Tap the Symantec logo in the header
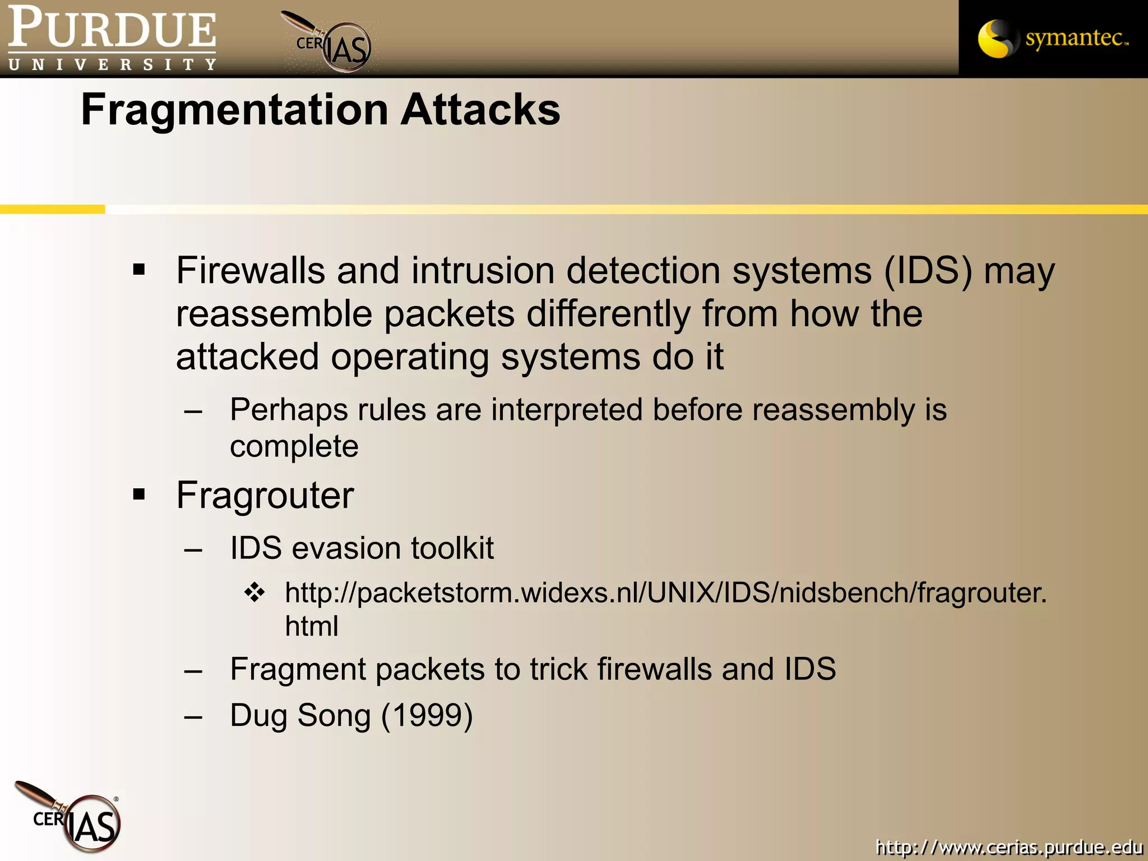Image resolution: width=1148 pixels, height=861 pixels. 1053,38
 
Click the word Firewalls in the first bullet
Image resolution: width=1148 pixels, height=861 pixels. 250,271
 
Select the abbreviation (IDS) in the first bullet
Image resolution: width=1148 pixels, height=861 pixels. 928,271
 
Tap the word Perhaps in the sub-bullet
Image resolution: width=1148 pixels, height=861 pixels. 288,410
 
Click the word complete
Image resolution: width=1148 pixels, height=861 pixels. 294,446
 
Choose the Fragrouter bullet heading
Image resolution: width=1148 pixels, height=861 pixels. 265,496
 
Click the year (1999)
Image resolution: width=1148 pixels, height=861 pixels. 427,716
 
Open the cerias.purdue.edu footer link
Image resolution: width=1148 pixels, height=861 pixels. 1009,847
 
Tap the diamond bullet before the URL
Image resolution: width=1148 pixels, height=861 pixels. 254,592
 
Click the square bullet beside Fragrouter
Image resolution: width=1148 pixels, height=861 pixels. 139,494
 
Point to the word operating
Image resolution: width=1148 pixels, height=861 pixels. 410,357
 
